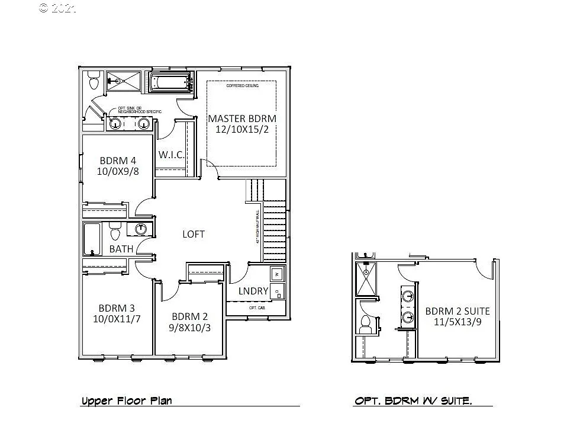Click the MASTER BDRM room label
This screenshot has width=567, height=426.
241,118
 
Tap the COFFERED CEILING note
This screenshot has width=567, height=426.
243,86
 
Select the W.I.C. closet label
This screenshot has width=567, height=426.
172,155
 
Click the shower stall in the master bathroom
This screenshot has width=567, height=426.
123,81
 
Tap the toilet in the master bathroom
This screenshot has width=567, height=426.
94,81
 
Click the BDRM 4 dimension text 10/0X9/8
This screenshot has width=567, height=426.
118,172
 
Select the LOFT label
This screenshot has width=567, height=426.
194,234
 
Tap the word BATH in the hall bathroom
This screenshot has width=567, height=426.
121,249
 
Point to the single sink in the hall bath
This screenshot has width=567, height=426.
141,229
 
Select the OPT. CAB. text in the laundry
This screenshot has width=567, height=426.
256,308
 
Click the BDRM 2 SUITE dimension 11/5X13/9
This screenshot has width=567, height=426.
458,322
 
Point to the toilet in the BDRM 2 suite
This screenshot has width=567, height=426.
365,322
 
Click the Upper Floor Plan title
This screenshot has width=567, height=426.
127,401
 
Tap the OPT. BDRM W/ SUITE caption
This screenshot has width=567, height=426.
413,401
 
